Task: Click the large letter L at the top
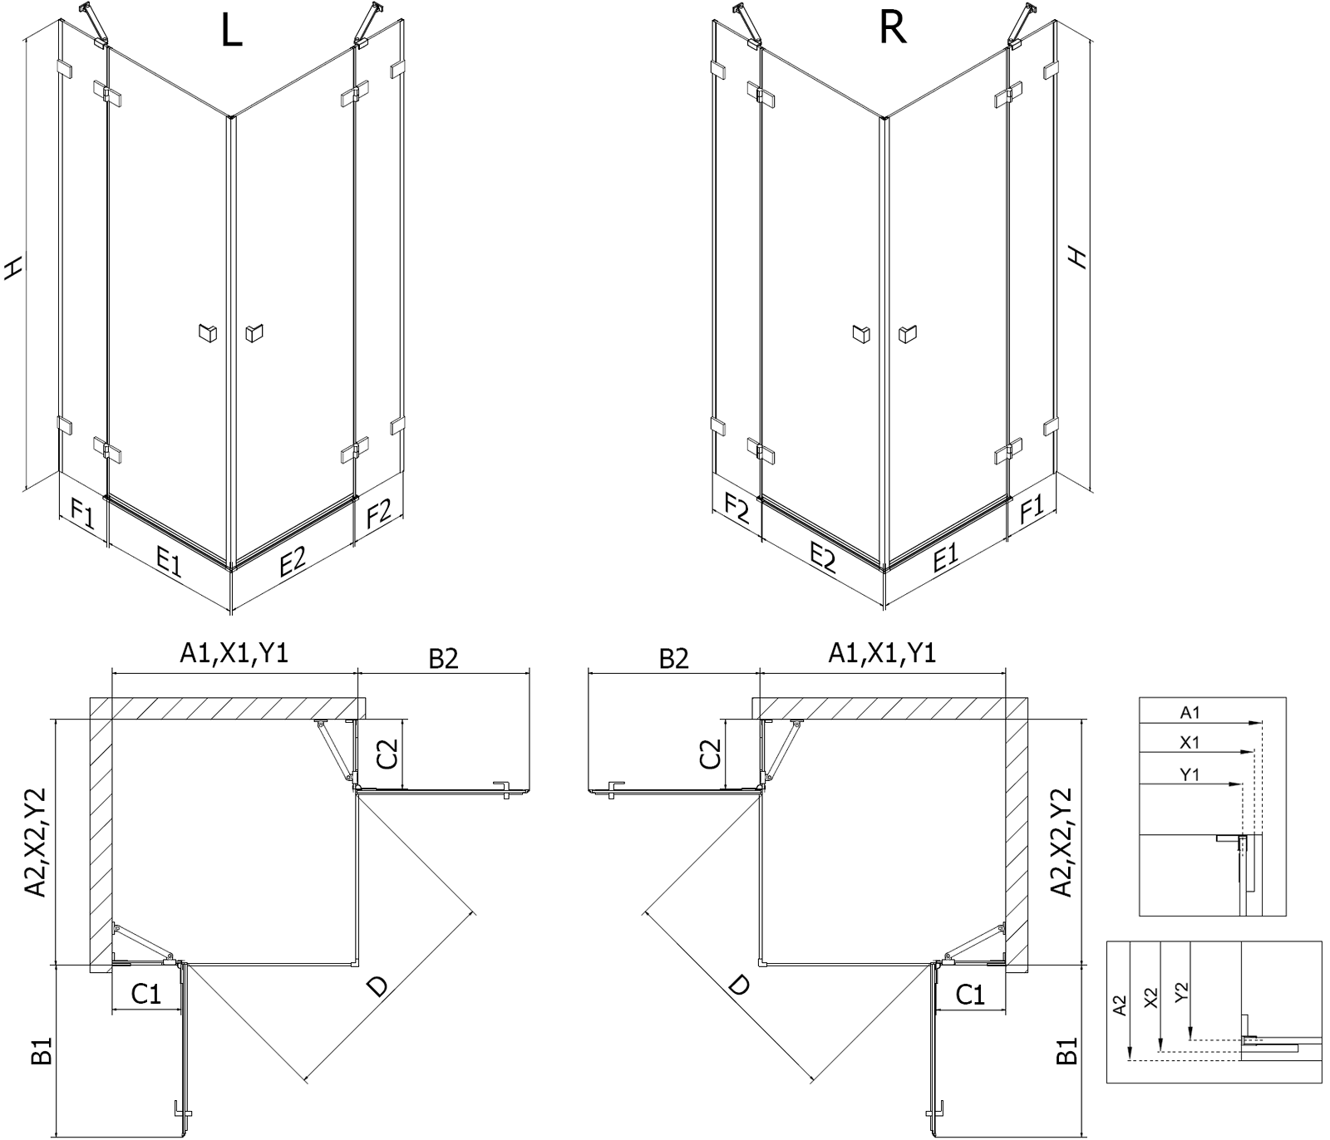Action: click(232, 31)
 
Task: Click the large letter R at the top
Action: click(892, 28)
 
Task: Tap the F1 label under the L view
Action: click(82, 513)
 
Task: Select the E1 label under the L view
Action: click(168, 563)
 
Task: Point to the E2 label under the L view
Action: click(293, 562)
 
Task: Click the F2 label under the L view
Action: click(378, 513)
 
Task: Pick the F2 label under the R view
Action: click(737, 508)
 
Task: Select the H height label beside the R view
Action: click(1078, 258)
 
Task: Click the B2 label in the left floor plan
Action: click(444, 658)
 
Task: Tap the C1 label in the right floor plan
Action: click(970, 994)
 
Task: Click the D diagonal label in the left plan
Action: click(377, 986)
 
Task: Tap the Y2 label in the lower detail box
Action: click(1183, 991)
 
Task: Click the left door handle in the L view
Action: click(208, 333)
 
